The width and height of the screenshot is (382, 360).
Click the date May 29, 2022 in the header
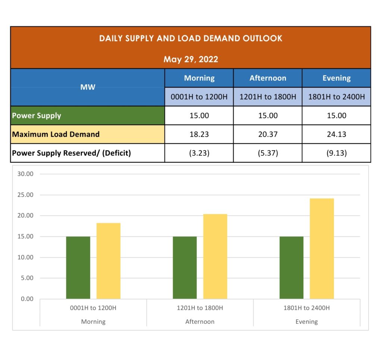191,59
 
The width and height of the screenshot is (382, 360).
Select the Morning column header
199,78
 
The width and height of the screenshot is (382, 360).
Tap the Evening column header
336,78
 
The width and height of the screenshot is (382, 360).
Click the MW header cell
88,87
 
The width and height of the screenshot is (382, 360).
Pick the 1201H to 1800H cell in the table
268,97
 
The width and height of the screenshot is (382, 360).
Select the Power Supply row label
37,115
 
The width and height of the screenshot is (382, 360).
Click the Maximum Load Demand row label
56,134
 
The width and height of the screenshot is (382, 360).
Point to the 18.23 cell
199,134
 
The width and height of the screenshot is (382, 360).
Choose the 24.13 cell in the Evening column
336,134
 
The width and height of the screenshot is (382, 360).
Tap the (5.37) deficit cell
268,153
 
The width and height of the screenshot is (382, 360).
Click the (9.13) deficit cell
336,153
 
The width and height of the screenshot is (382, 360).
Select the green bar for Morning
78,267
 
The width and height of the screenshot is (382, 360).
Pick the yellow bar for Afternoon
215,256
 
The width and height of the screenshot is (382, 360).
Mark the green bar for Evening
291,267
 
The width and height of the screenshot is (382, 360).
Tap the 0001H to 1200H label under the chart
93,308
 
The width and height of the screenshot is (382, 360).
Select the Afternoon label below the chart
200,322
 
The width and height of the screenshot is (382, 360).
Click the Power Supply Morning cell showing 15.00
199,115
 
